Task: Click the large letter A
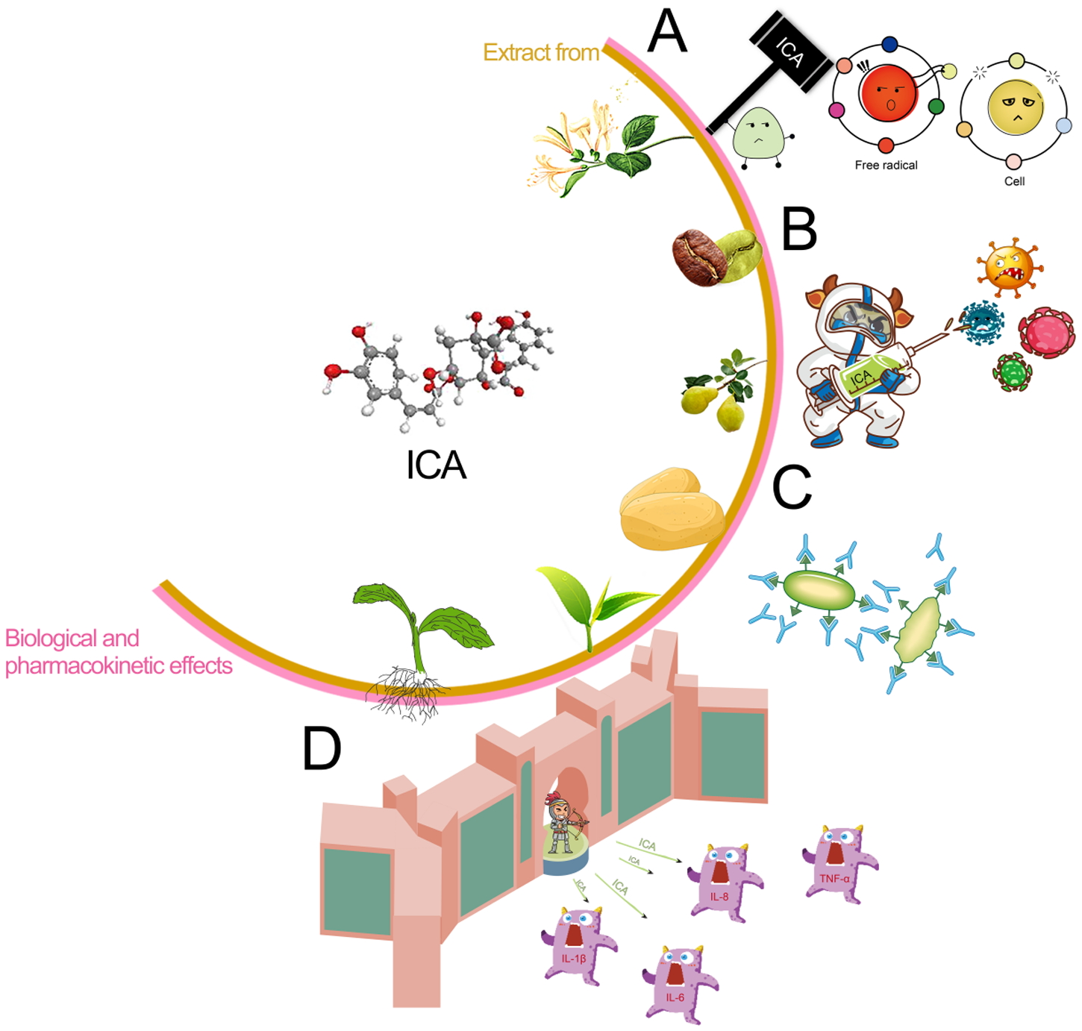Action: (x=666, y=32)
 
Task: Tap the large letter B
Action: (x=798, y=229)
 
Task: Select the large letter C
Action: (x=791, y=488)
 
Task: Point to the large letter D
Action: (x=322, y=748)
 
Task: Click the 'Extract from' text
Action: (x=540, y=52)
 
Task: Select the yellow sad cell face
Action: (x=1015, y=106)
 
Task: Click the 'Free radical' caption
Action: (x=886, y=165)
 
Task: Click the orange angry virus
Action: (x=1008, y=268)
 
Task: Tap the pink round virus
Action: (x=1046, y=333)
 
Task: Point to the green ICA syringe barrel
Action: (x=869, y=375)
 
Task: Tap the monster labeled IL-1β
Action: (x=577, y=944)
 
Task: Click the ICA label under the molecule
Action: (x=436, y=466)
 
